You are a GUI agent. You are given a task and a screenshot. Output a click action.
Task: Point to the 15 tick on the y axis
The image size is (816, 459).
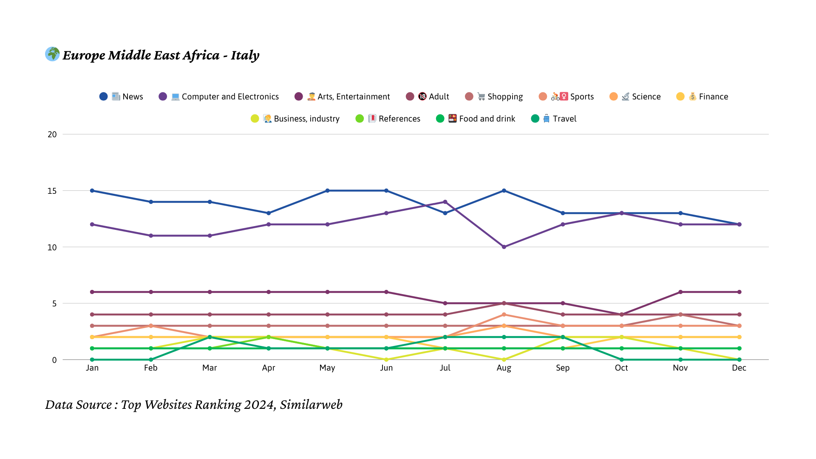click(x=52, y=191)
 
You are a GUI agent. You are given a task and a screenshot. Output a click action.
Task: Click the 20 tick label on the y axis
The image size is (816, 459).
click(x=52, y=134)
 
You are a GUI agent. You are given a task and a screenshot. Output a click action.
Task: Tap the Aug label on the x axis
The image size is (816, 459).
click(x=504, y=368)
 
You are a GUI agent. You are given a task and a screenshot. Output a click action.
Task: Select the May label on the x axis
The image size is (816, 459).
click(x=327, y=368)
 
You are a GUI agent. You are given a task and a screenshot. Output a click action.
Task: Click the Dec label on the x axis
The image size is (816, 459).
click(x=739, y=368)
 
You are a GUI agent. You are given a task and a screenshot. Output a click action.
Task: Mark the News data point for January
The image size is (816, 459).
click(x=92, y=191)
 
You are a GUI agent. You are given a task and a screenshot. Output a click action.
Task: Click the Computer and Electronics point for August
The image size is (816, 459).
click(x=504, y=247)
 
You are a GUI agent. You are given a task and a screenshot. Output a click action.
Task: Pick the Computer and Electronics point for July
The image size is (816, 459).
click(x=445, y=202)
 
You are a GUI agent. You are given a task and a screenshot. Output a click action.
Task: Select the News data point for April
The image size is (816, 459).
click(x=269, y=213)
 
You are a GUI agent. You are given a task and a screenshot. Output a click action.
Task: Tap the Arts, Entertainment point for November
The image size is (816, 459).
click(x=680, y=292)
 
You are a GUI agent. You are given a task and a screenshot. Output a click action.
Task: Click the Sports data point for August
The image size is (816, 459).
click(x=504, y=314)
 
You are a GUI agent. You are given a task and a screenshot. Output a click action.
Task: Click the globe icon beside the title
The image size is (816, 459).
click(x=53, y=54)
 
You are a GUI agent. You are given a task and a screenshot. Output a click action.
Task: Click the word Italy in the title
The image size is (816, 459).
click(x=245, y=55)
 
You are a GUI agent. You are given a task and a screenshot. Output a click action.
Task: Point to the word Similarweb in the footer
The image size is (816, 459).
click(x=311, y=405)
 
